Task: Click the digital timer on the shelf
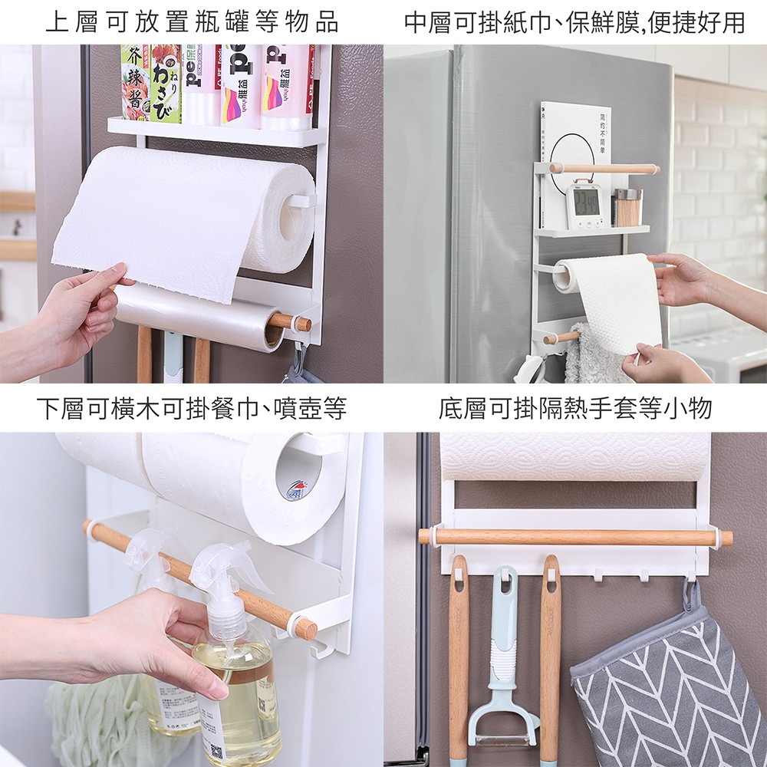[x=588, y=203]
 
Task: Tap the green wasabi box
[x=166, y=84]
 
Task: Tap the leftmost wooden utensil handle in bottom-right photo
[x=459, y=660]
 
